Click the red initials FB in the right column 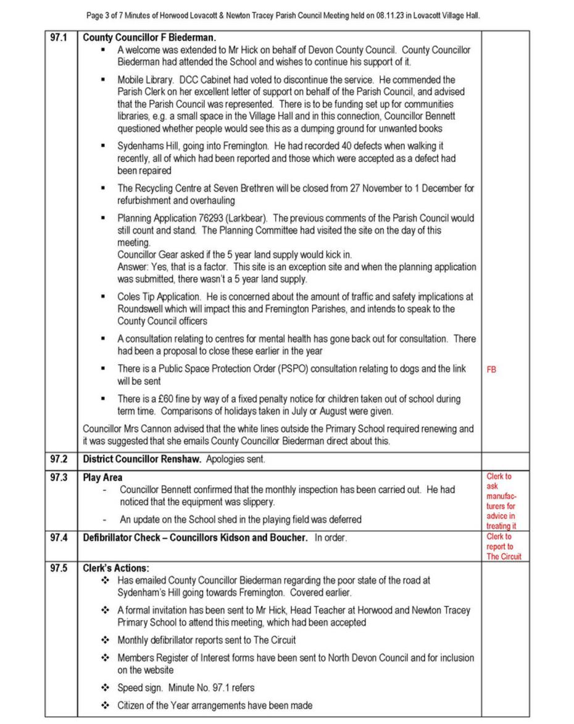[x=491, y=370]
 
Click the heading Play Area [x=102, y=478]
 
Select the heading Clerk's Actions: [x=116, y=568]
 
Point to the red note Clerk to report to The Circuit [x=503, y=546]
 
